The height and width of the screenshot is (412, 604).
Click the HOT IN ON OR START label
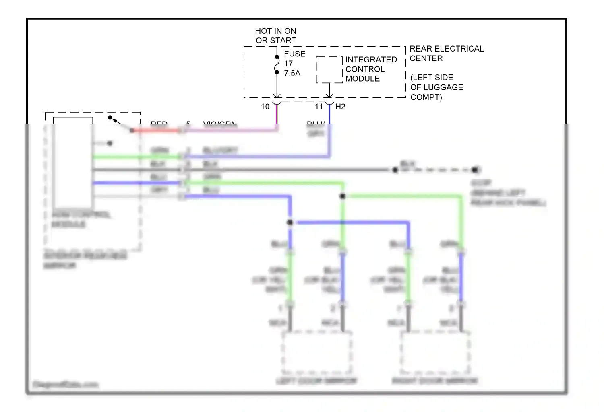coord(275,36)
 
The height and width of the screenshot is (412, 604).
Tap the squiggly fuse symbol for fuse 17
coord(277,65)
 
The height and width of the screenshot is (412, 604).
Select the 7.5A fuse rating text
coord(292,74)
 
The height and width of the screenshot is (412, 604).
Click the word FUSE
coord(294,54)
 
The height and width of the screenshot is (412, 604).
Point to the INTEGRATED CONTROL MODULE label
coord(370,69)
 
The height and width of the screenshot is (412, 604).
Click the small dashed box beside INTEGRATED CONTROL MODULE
coord(329,70)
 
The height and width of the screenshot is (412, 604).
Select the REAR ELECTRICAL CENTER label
coord(446,54)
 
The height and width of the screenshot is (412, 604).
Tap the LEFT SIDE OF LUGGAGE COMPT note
coord(436,87)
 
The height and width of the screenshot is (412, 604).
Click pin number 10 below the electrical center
coord(265,107)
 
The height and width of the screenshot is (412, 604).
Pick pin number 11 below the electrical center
coord(319,107)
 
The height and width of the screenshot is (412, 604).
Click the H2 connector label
coord(340,107)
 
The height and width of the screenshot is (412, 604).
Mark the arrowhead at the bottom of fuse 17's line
coord(277,95)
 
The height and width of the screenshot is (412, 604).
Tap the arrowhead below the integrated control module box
coord(329,95)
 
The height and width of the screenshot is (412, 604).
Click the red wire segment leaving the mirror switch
coord(157,130)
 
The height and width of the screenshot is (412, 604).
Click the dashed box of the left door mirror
coord(316,352)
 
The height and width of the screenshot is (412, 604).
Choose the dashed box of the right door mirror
coord(435,352)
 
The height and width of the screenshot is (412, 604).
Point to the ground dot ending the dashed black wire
coord(476,170)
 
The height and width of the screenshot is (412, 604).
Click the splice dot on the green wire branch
coord(342,196)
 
